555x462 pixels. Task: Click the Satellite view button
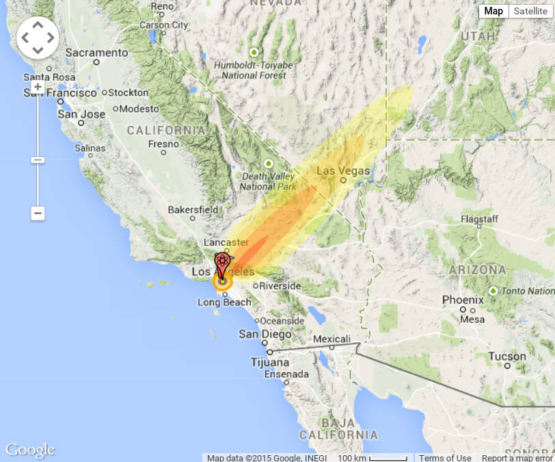coord(530,11)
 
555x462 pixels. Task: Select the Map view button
coord(493,11)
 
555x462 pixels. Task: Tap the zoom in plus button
coord(38,87)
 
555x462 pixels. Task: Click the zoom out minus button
coord(38,214)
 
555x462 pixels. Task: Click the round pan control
coord(38,38)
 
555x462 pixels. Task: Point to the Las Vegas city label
coord(342,171)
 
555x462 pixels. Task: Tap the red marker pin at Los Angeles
coord(222,264)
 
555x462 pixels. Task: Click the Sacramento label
coord(96,53)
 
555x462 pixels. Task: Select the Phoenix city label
coord(463,300)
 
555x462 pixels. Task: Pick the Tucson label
coord(507,357)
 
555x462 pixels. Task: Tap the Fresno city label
coord(163,144)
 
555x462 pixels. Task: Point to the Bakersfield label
coord(193,209)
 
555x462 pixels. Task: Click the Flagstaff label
coord(479,219)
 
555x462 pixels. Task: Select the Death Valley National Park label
coord(268,181)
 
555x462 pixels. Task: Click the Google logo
coord(30,450)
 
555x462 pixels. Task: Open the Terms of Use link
coord(445,458)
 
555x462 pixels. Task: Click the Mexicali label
coord(331,339)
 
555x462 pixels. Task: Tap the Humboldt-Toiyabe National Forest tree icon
coord(254,52)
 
